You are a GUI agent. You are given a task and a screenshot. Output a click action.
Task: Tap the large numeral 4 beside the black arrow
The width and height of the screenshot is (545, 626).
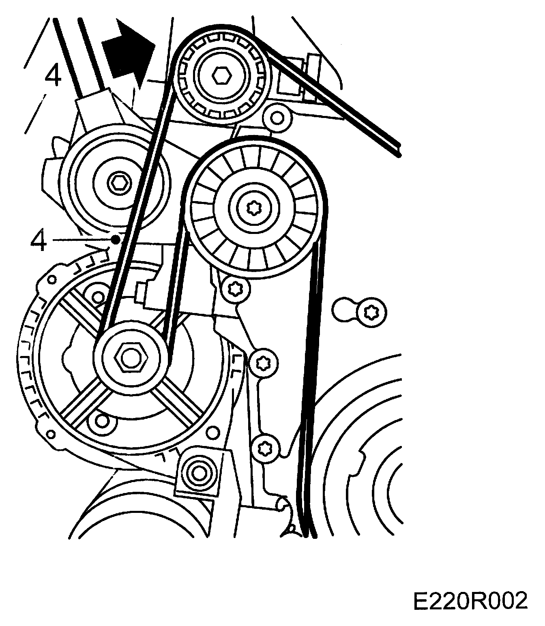pos(53,77)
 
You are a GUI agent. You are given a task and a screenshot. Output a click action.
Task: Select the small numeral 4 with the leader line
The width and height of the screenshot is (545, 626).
pos(39,242)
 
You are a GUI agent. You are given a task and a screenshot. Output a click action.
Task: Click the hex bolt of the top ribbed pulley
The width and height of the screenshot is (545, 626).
pos(222,75)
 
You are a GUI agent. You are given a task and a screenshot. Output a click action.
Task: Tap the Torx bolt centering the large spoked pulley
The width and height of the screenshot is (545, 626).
pos(254,207)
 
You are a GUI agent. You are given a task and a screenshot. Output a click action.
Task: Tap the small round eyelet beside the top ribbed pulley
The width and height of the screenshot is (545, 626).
pos(277,118)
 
